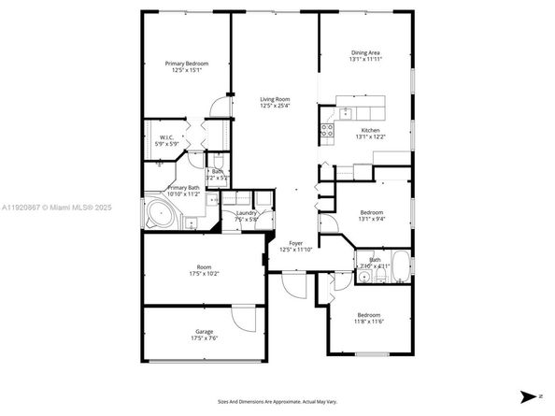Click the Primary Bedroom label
click(186, 66)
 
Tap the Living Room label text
click(275, 101)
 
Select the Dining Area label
click(365, 56)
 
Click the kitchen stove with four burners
click(328, 131)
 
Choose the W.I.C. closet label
click(162, 141)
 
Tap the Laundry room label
click(247, 217)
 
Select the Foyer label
click(294, 246)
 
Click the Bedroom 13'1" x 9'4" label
click(371, 216)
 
